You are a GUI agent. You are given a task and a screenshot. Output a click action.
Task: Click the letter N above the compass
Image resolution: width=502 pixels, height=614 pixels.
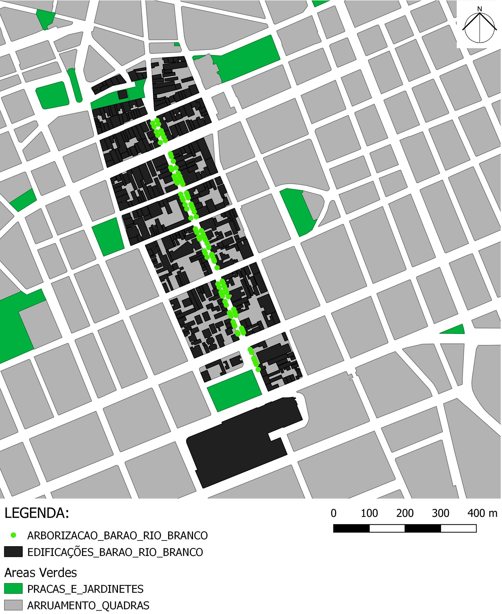[480, 9]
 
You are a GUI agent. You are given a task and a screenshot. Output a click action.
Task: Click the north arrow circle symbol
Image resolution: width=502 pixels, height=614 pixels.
[480, 28]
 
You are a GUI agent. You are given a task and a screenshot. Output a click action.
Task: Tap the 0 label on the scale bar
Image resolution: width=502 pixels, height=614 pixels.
[333, 513]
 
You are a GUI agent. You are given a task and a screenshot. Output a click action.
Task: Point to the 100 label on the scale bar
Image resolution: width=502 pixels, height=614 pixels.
[369, 513]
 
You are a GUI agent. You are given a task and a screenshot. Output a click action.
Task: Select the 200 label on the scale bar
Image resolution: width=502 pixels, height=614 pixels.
[405, 513]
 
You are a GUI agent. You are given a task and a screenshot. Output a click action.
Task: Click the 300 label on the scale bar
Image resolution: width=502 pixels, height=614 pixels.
[440, 513]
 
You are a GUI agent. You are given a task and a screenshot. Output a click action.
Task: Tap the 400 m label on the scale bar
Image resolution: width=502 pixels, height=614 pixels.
[482, 513]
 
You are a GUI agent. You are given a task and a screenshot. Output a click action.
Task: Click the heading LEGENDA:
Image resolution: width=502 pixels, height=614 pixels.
[37, 513]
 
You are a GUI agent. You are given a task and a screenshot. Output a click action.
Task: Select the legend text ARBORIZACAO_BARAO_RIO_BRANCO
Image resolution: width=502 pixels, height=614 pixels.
[117, 535]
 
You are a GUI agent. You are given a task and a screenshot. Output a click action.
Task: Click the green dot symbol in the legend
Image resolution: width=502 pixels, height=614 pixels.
[13, 535]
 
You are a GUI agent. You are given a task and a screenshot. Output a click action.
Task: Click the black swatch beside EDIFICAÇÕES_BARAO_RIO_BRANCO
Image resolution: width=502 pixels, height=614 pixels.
[13, 552]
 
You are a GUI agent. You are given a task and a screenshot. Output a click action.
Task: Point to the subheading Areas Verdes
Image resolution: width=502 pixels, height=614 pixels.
[41, 573]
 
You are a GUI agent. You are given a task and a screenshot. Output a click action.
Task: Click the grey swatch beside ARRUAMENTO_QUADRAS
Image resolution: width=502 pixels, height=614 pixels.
[13, 605]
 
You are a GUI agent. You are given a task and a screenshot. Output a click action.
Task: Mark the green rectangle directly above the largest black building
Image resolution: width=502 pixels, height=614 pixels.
[234, 391]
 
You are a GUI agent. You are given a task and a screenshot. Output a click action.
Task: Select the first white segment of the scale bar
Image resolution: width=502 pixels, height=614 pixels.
[387, 528]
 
